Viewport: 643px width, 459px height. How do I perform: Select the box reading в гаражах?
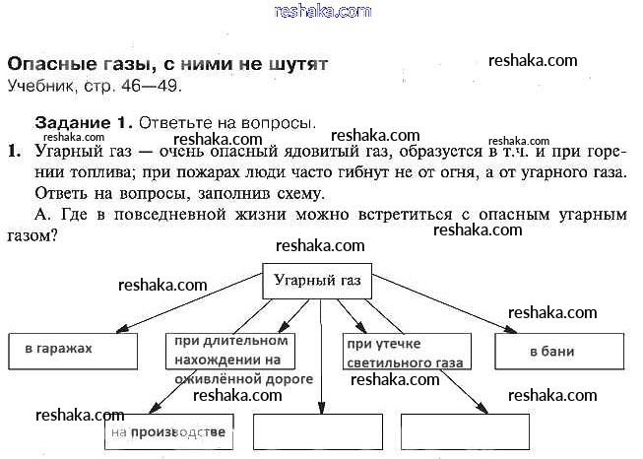[71, 350]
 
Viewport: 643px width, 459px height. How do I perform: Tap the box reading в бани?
[559, 351]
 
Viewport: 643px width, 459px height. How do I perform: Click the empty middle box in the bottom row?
[318, 431]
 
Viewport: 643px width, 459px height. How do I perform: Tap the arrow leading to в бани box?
[443, 304]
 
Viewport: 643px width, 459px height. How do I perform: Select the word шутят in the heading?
[296, 63]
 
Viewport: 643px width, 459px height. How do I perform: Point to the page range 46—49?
[152, 85]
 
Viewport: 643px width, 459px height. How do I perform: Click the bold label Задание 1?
[83, 124]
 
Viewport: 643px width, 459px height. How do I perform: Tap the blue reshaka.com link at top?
[323, 11]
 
